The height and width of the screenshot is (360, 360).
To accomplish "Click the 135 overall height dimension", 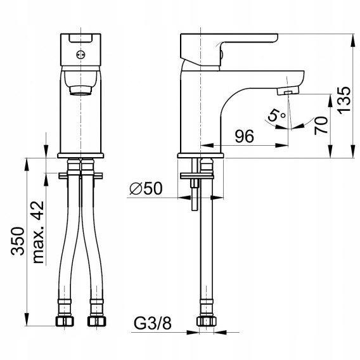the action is [344, 100].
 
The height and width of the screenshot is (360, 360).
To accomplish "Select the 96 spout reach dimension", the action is [245, 136].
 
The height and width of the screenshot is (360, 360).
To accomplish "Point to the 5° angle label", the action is [276, 115].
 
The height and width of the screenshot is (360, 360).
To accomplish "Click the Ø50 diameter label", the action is [146, 188].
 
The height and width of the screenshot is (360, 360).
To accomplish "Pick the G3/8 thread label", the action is [153, 323].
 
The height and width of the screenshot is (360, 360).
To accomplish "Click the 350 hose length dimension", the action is [18, 241].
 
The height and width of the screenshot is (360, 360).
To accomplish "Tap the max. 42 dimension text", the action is [37, 232].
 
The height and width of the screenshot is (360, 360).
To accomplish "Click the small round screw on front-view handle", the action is [80, 55].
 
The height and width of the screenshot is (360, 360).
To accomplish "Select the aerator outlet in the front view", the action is [80, 90].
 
